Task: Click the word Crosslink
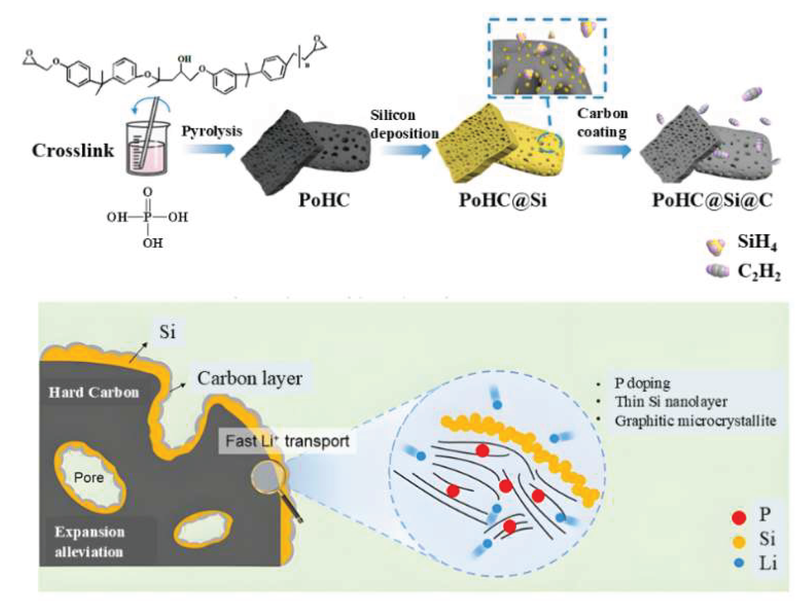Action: (73, 151)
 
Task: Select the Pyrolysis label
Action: (212, 131)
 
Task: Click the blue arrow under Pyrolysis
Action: (210, 150)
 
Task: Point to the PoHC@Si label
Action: (502, 200)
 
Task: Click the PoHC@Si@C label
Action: (712, 200)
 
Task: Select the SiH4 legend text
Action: (757, 242)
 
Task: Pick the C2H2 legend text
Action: (759, 272)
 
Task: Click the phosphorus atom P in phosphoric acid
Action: (148, 217)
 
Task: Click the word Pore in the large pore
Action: (89, 477)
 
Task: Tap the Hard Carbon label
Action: (94, 392)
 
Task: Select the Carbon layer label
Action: (249, 378)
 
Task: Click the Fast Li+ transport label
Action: (287, 441)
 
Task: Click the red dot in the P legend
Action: (739, 517)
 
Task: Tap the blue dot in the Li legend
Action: (739, 563)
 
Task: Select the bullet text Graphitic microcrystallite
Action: (695, 421)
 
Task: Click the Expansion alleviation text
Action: (89, 542)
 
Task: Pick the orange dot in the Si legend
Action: (739, 542)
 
